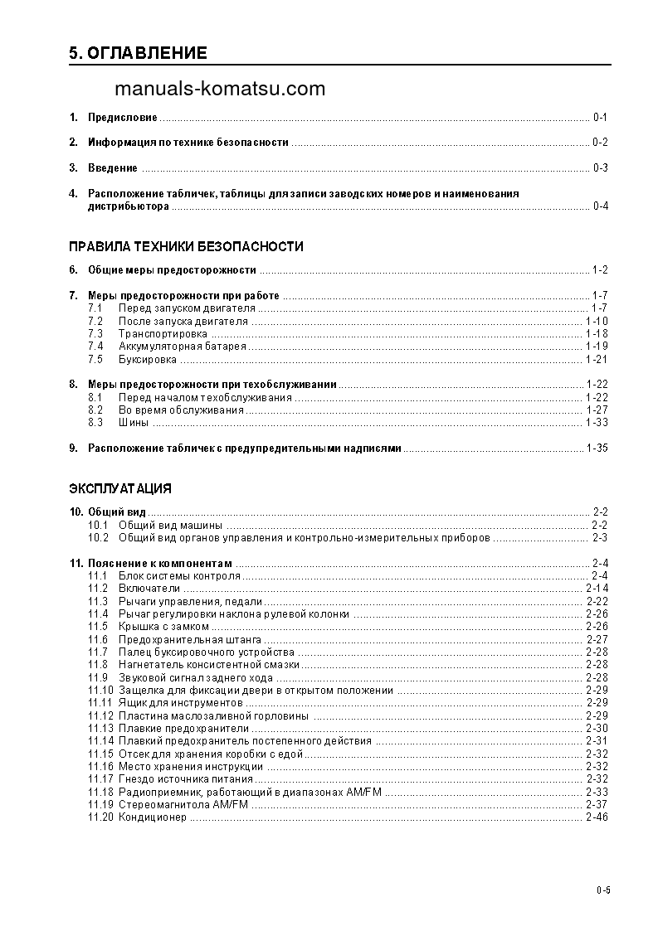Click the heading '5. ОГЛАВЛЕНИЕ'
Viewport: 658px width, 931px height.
(x=138, y=54)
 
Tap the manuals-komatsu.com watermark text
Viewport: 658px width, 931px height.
(x=220, y=90)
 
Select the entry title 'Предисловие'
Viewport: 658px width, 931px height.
(x=123, y=118)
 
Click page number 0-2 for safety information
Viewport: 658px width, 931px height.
(x=600, y=143)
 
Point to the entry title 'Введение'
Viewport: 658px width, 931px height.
(x=113, y=168)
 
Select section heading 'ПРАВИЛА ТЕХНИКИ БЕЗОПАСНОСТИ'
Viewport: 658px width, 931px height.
(x=186, y=246)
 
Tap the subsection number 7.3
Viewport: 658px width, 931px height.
(x=95, y=333)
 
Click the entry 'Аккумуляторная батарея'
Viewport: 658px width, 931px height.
(x=182, y=347)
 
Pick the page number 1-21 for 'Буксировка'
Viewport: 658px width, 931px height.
(x=597, y=360)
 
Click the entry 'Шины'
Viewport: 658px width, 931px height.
(x=134, y=423)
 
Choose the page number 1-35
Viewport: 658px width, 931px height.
(x=597, y=449)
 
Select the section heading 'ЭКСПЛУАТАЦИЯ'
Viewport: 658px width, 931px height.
(x=120, y=487)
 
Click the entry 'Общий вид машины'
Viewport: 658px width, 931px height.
(x=170, y=526)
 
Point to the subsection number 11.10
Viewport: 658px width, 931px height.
(x=100, y=690)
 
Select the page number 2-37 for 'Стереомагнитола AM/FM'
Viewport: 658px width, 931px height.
(x=597, y=805)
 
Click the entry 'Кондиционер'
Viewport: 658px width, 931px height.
(x=153, y=817)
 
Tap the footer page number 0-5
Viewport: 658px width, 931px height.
(x=602, y=891)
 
